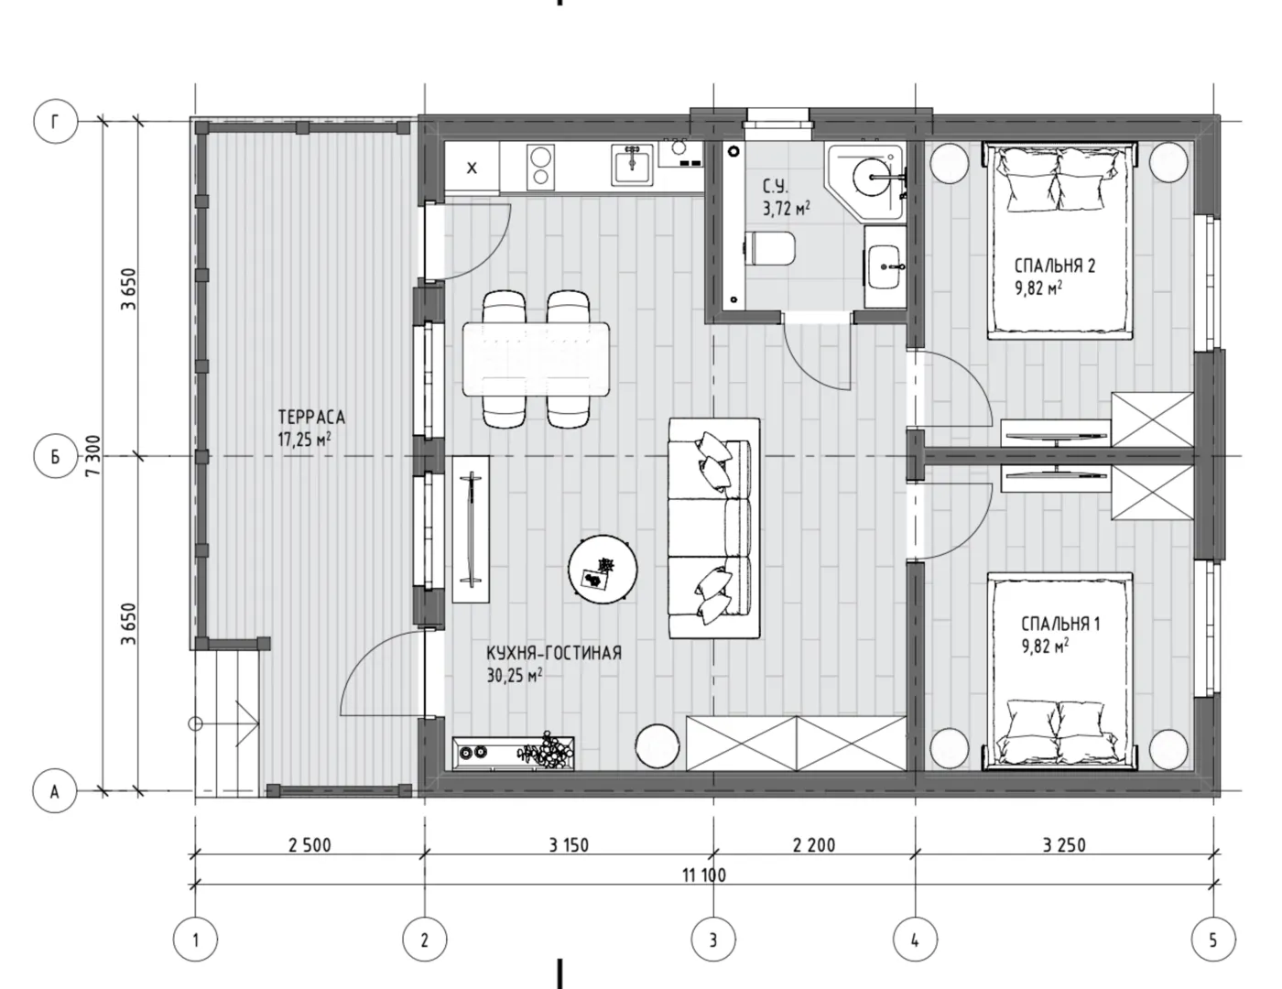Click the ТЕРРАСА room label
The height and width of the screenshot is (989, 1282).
point(311,418)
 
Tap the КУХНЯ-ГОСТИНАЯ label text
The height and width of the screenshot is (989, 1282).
point(554,654)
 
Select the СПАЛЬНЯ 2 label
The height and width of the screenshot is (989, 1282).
point(1055,266)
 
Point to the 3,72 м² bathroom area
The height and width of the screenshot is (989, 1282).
point(786,209)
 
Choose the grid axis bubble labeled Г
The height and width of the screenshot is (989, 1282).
point(56,122)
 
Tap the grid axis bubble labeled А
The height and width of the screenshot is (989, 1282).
point(55,791)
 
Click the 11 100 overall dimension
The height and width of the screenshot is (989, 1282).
point(704,875)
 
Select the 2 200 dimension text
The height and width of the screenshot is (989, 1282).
point(814,845)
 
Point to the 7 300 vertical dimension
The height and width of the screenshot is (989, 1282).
point(93,456)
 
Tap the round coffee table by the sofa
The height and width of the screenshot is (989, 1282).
point(603,569)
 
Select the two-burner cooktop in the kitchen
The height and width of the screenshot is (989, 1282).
point(541,167)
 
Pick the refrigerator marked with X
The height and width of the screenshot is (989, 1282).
point(472,168)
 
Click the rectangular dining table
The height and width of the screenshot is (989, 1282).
point(537,359)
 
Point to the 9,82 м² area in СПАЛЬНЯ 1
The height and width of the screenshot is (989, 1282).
point(1046,646)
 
